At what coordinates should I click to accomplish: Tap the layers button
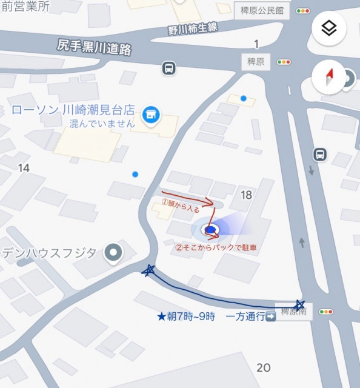click(328, 28)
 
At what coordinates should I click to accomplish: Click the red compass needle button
click(329, 77)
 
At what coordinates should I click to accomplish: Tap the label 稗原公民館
click(262, 10)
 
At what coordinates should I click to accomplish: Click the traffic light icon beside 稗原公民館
click(304, 10)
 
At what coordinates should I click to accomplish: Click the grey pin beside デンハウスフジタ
click(112, 253)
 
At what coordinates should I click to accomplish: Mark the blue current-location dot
click(210, 230)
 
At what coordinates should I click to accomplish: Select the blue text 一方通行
click(244, 316)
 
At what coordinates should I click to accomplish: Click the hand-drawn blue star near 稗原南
click(299, 304)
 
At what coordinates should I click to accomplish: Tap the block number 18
click(246, 195)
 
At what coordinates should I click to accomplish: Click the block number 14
click(24, 167)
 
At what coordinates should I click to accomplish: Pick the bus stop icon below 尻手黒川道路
click(170, 68)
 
